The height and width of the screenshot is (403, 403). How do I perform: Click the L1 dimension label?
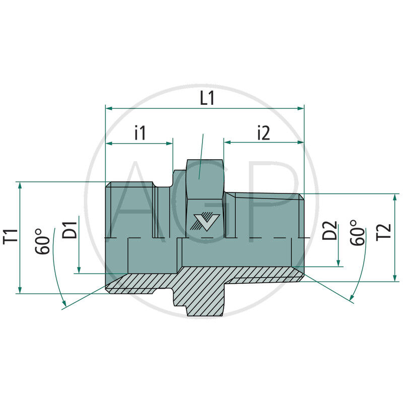click(207, 98)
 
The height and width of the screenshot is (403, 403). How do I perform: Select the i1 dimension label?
click(140, 133)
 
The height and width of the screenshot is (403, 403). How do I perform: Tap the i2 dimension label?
click(263, 133)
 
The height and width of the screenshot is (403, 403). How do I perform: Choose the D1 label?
click(71, 229)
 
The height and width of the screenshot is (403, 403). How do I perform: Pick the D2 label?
click(330, 233)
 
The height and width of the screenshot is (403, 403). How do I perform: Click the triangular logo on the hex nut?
click(205, 221)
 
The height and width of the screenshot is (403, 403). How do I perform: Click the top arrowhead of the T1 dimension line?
click(20, 185)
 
